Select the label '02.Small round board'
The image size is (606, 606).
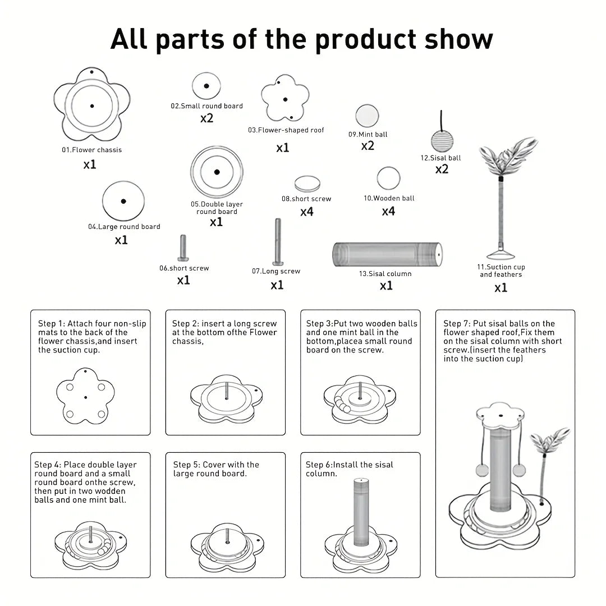206,105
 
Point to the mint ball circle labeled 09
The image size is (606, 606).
366,117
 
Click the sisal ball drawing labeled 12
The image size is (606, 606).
441,140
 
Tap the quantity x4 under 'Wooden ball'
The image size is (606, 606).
388,212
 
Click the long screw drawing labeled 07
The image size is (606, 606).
277,242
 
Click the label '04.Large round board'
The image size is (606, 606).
123,227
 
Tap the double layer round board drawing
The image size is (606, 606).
216,172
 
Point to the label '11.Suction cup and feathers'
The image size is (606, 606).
501,270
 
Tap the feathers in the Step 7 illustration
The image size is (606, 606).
550,440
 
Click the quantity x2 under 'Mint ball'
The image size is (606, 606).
368,146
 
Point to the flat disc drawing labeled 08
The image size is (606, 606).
307,183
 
